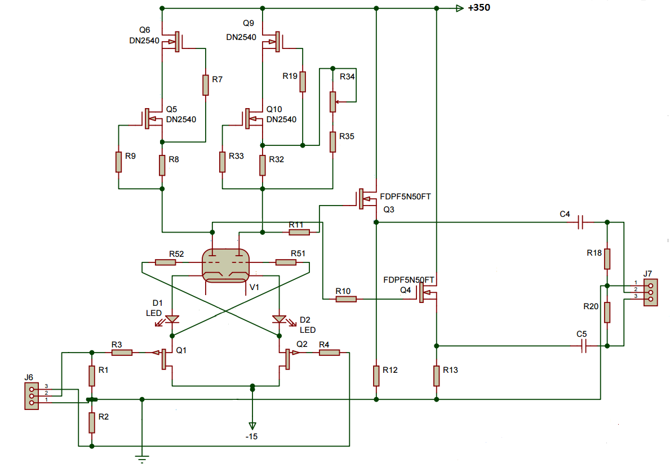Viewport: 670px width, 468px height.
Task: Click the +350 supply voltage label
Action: [x=479, y=8]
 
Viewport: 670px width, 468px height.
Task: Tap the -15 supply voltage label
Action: [x=252, y=436]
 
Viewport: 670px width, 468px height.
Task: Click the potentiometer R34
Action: [x=333, y=102]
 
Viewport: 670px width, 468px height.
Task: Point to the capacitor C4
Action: [x=581, y=222]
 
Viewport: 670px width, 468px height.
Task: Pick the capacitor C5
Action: [x=584, y=346]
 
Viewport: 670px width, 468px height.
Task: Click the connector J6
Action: [x=32, y=396]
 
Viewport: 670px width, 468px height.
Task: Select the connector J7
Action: [x=650, y=292]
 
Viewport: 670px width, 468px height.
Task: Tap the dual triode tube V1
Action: [x=225, y=266]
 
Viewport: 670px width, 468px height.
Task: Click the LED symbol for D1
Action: [x=172, y=319]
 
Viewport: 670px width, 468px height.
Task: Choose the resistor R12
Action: [x=376, y=376]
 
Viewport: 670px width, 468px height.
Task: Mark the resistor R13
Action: [x=436, y=376]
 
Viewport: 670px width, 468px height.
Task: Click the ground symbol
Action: [x=142, y=460]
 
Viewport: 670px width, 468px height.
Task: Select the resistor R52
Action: [x=165, y=262]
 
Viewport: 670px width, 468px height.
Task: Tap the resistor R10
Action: [x=346, y=299]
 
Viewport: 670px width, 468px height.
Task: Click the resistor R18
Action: [x=607, y=258]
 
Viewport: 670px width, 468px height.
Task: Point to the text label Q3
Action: [x=389, y=210]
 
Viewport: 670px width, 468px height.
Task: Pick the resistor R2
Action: [x=92, y=423]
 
